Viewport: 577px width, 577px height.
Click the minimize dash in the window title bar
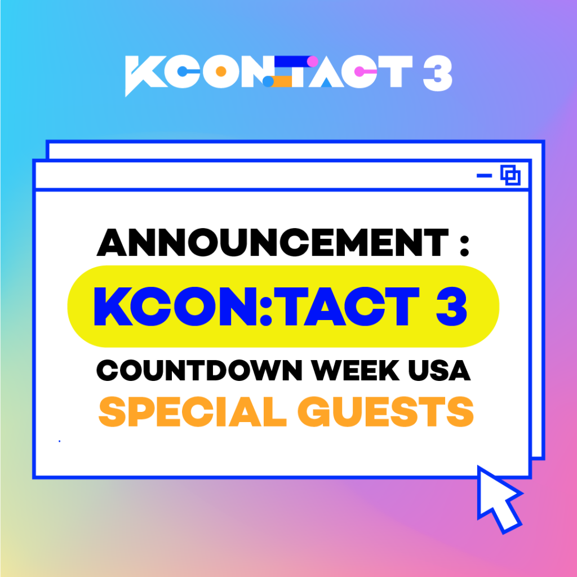[x=484, y=176]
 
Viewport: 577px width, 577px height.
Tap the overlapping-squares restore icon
[x=511, y=175]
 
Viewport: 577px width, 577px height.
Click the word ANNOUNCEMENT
[x=273, y=242]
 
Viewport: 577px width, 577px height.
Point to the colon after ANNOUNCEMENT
[x=464, y=246]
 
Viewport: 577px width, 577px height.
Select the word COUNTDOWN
[x=199, y=370]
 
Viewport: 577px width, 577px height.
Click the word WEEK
[x=356, y=370]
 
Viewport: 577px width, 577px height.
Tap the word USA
[x=440, y=370]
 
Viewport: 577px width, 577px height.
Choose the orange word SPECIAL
[x=193, y=411]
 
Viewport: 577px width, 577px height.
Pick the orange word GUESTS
[x=385, y=411]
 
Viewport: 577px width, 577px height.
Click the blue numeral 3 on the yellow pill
[x=451, y=306]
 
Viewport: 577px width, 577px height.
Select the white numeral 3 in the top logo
[x=437, y=73]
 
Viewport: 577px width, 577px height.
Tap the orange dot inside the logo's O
[x=221, y=71]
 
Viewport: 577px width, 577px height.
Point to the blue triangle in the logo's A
[x=326, y=82]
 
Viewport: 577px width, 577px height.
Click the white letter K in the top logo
[x=146, y=76]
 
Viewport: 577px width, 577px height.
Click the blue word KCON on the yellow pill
[x=175, y=306]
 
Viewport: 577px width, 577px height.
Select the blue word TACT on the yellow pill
[x=352, y=306]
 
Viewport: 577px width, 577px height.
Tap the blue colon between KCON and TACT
[x=266, y=306]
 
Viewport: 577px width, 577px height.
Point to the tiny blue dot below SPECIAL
[x=59, y=441]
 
